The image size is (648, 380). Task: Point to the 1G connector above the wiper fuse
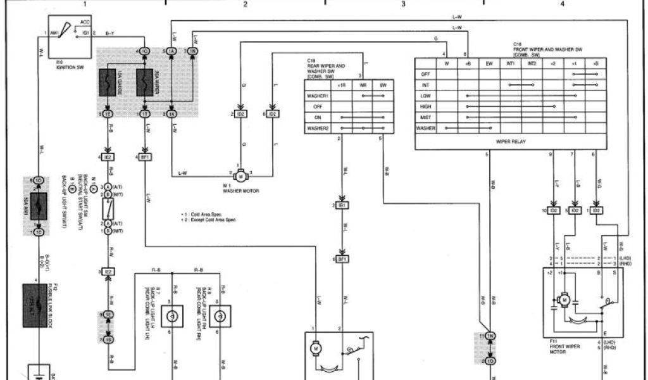[x=145, y=51]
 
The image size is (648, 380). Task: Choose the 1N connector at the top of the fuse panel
[x=192, y=51]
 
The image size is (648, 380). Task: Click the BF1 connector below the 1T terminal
[x=145, y=156]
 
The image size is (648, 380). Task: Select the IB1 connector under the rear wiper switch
[x=342, y=206]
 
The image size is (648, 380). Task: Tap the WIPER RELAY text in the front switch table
[x=511, y=142]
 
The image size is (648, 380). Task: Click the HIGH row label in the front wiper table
[x=426, y=106]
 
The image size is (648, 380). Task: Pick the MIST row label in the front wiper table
[x=426, y=117]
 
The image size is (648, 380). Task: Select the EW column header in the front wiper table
[x=489, y=63]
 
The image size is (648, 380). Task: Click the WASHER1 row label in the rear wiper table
[x=318, y=96]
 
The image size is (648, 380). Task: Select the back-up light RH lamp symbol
[x=222, y=315]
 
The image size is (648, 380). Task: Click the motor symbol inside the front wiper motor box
[x=564, y=298]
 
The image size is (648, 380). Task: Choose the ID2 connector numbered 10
[x=553, y=210]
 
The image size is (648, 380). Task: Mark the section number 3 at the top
[x=403, y=4]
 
